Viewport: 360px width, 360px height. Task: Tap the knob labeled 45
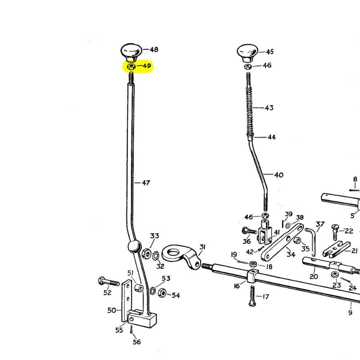click(247, 52)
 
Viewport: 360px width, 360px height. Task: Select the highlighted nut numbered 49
click(131, 67)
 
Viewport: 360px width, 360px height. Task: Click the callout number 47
click(145, 183)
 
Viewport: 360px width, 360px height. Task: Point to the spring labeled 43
click(250, 108)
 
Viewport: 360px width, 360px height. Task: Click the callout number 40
click(279, 175)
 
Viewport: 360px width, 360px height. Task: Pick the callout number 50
click(112, 310)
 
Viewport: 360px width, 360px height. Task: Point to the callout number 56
click(136, 342)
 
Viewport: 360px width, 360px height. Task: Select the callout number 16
click(237, 285)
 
